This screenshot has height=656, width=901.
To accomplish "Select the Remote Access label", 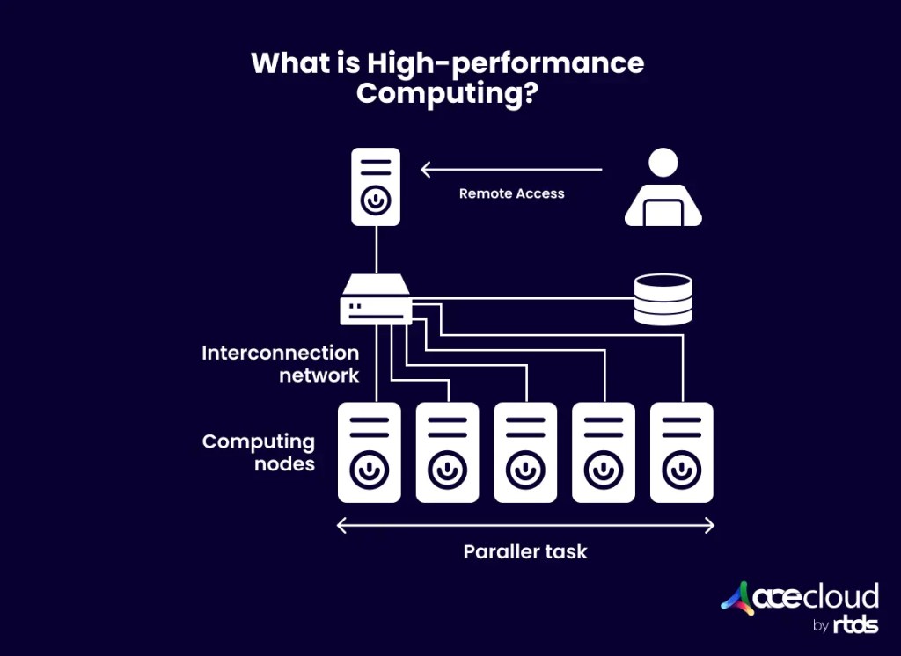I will pos(511,193).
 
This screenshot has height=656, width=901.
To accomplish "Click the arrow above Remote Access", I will pos(511,170).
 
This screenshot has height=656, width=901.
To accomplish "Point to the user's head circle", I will pos(663,162).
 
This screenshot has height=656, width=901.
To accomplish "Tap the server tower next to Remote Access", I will pos(376,186).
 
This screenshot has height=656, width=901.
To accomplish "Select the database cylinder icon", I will pos(663,299).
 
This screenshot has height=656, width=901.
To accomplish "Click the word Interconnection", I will pos(281,354).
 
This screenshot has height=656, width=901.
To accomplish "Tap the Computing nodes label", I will pos(259,452).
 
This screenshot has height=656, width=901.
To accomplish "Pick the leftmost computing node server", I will pos(370,452).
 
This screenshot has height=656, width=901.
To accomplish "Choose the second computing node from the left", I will pos(447,452).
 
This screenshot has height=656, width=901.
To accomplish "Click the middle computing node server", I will pos(525,452).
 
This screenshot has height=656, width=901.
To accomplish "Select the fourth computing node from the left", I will pos(603,452).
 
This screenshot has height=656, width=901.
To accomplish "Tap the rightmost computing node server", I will pos(681,452).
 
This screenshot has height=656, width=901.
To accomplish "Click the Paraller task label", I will pos(525,552).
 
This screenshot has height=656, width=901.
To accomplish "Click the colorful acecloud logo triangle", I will pos(736,598).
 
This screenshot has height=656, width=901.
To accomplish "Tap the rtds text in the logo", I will pos(855,626).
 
